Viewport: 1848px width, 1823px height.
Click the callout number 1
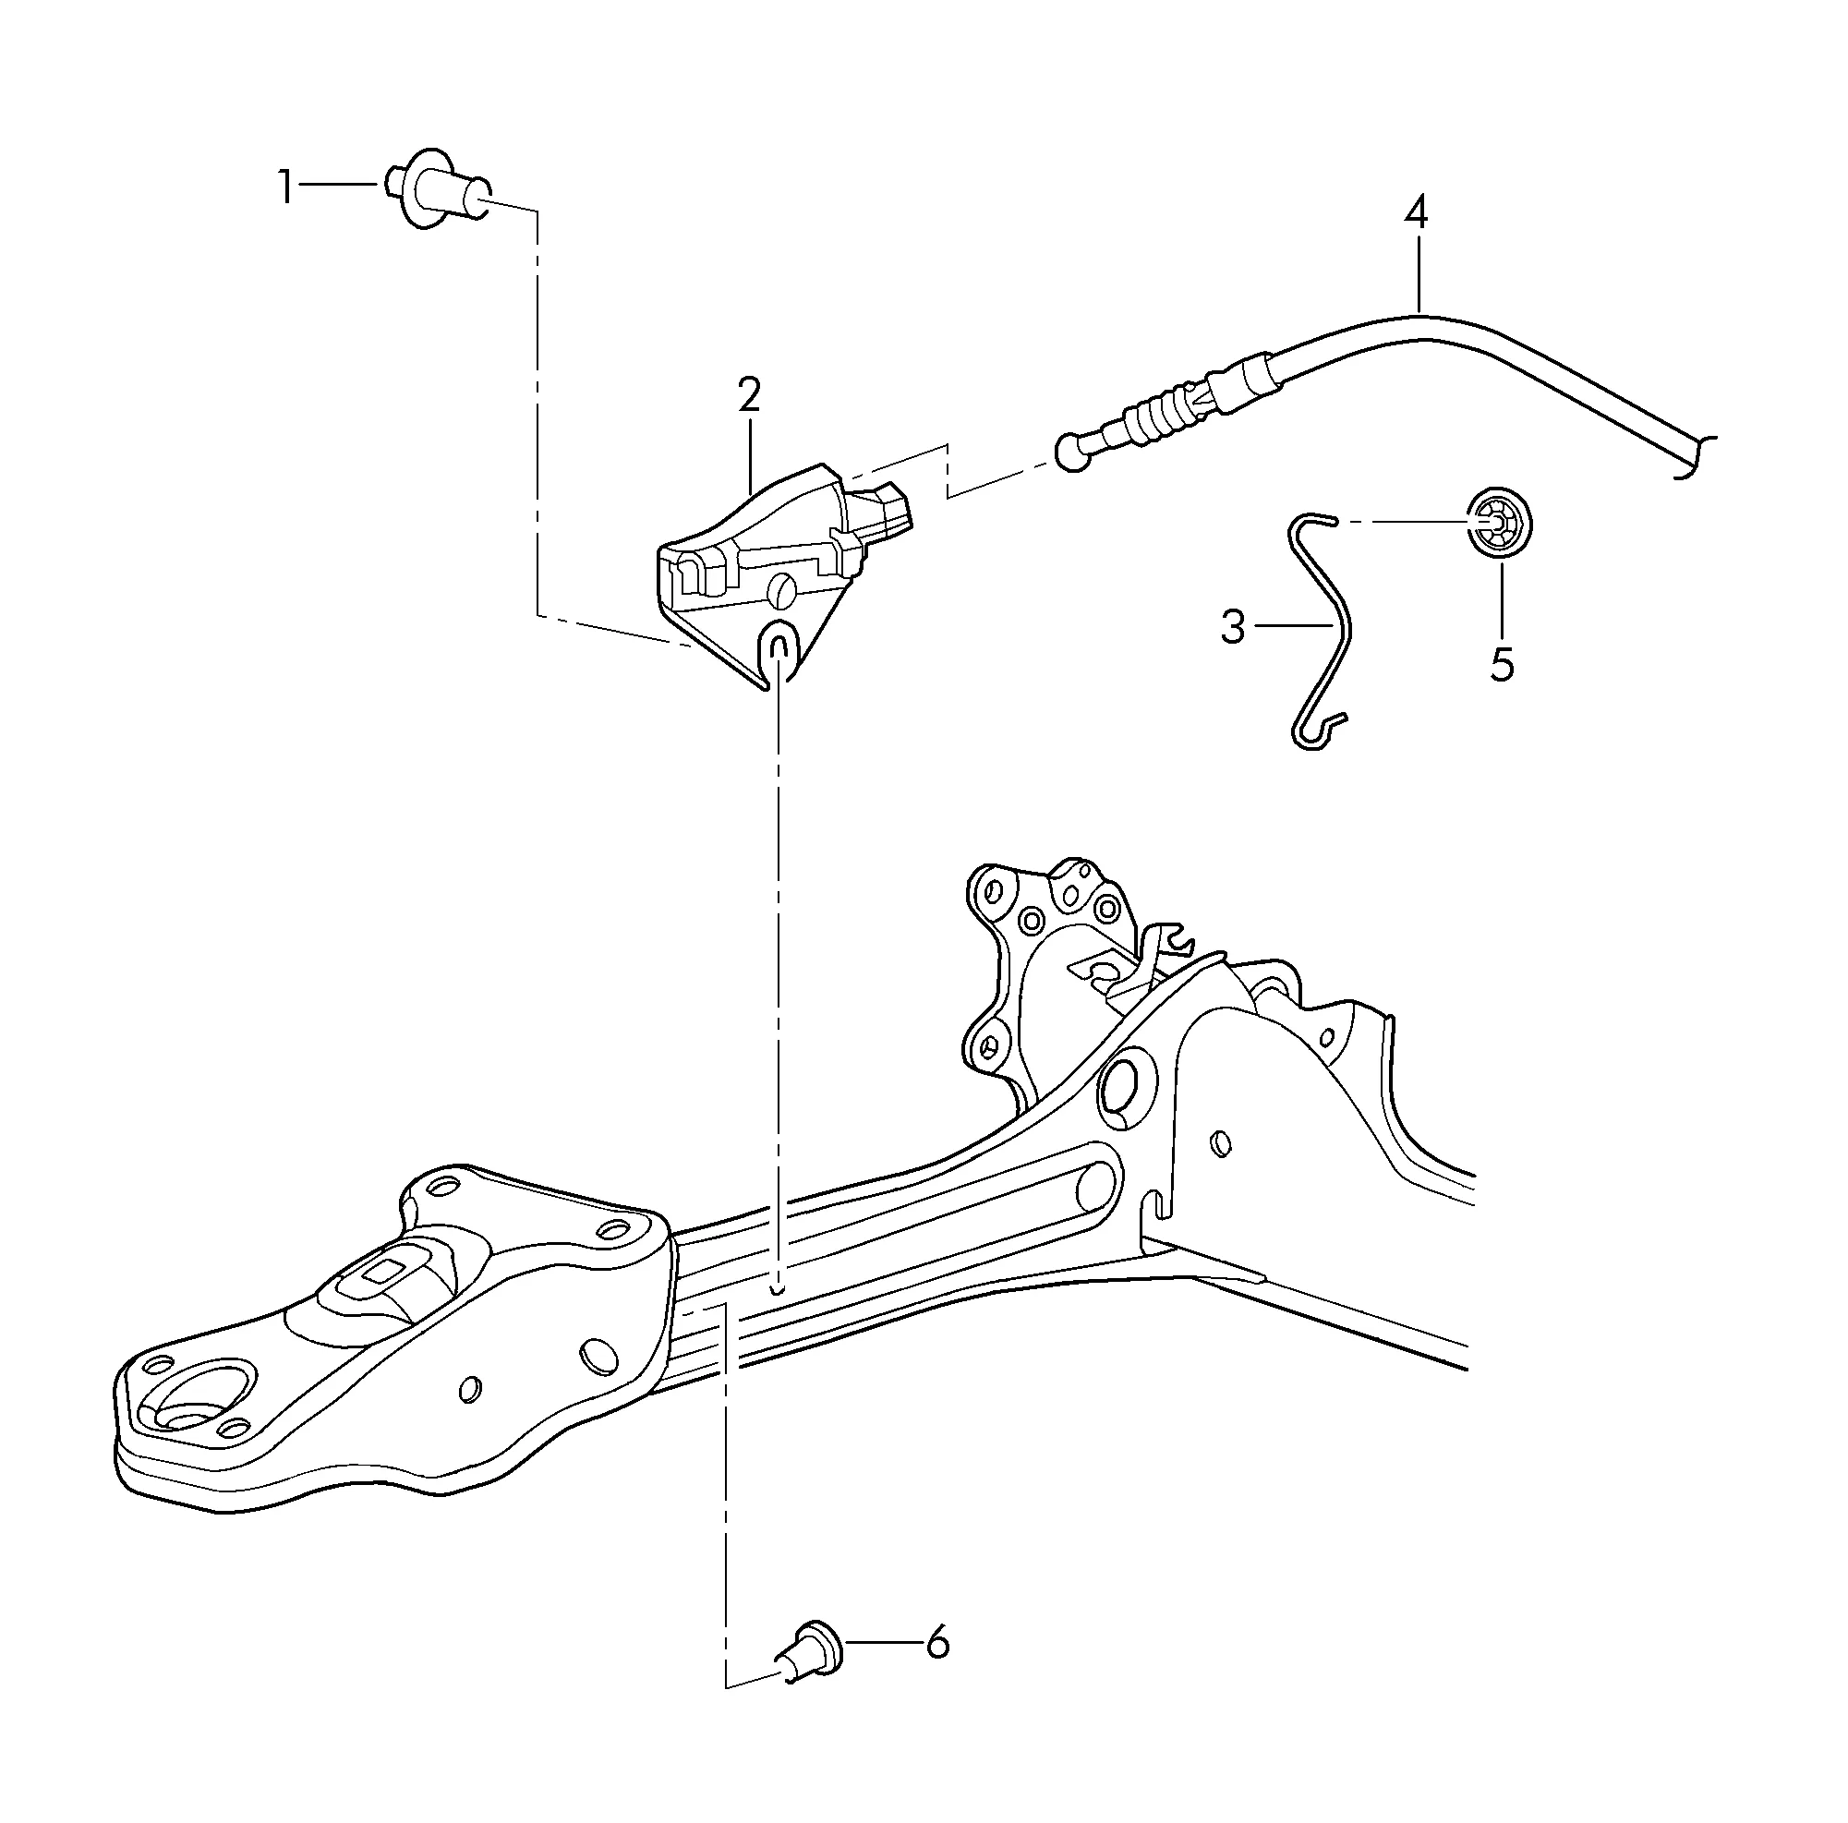285,187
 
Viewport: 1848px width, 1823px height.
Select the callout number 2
749,395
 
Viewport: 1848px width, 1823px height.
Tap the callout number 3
1234,627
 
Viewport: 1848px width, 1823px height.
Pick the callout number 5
1502,664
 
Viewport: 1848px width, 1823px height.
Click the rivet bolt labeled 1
439,189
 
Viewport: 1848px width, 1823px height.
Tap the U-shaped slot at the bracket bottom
779,649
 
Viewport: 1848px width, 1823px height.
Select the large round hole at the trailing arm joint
1128,1084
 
